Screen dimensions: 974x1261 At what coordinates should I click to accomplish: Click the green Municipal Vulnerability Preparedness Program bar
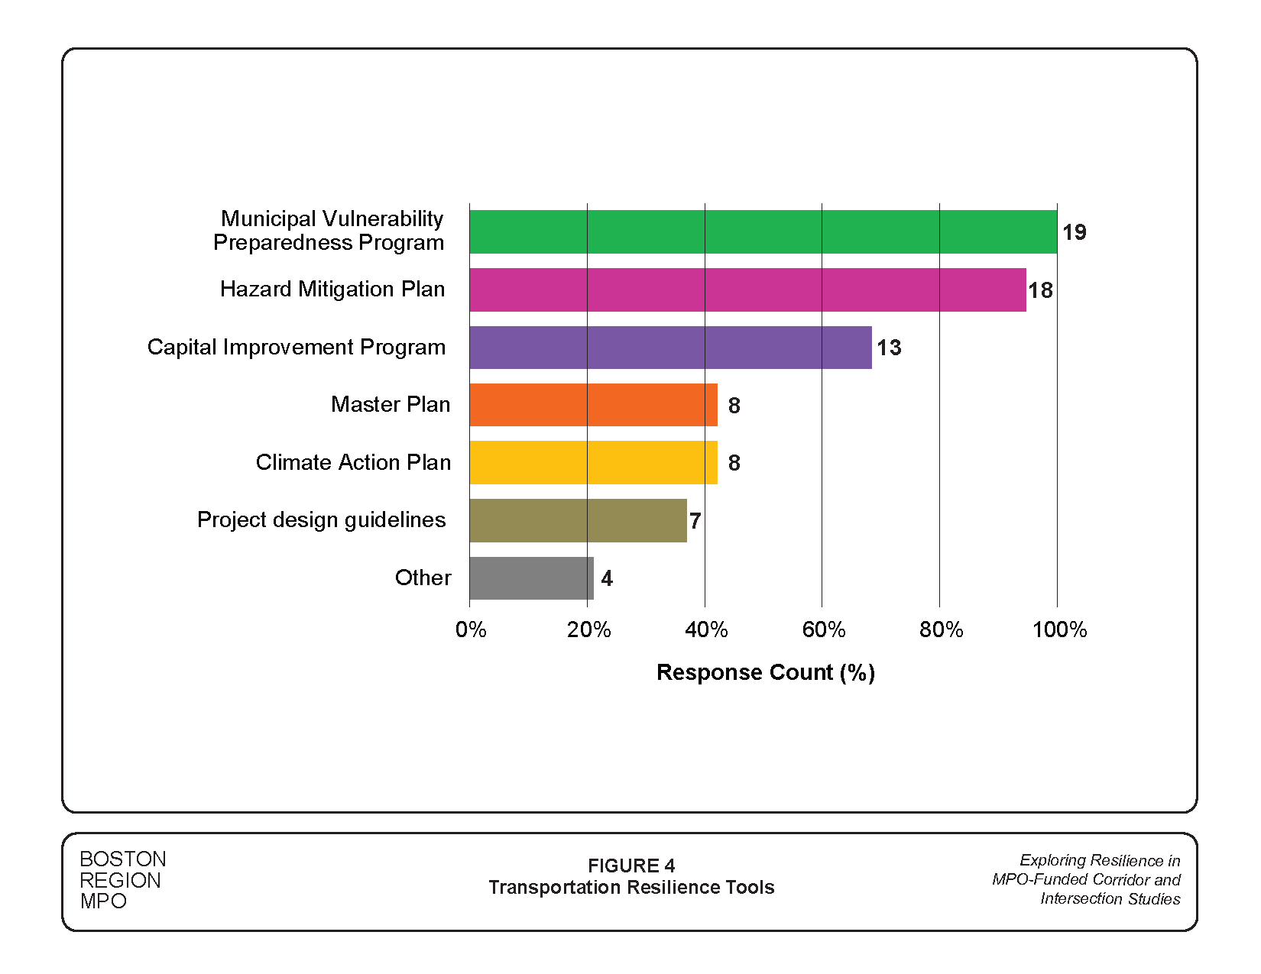click(763, 231)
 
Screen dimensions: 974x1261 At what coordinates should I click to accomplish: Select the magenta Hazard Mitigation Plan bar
click(747, 290)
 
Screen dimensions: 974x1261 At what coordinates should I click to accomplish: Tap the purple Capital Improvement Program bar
click(670, 348)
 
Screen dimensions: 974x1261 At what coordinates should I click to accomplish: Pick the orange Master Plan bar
click(593, 405)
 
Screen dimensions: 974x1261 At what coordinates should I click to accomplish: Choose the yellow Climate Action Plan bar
click(593, 462)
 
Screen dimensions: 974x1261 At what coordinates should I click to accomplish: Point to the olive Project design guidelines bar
click(578, 520)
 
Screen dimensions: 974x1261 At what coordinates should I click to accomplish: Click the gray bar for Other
click(531, 578)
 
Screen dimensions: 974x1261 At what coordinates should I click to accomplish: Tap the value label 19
click(1074, 232)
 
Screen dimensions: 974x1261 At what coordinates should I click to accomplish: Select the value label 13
click(889, 348)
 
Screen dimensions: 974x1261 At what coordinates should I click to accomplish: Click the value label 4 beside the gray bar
click(607, 578)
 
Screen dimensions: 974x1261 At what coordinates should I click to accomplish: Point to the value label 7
click(695, 521)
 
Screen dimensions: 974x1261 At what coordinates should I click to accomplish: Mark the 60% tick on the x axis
click(823, 629)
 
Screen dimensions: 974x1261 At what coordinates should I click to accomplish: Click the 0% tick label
click(471, 629)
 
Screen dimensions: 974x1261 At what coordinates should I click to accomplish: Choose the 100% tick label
click(1059, 629)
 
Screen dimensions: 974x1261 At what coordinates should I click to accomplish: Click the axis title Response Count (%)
click(765, 672)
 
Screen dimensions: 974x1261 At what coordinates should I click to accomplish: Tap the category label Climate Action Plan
click(353, 462)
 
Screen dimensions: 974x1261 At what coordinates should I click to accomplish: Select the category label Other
click(423, 578)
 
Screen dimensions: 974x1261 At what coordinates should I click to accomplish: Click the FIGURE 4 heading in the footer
click(631, 866)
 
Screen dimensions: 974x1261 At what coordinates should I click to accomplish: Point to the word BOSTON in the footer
click(123, 859)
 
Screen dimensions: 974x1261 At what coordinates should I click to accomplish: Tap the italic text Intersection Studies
click(1110, 898)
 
